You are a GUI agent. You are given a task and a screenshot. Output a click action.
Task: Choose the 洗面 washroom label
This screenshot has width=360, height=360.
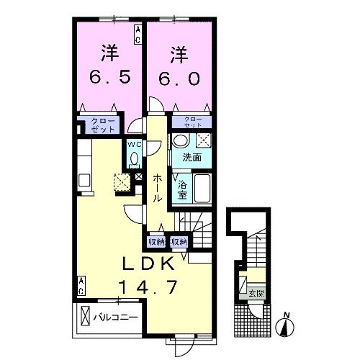click(190, 158)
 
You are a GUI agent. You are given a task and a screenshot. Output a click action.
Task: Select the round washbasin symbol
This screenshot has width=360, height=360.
click(181, 140)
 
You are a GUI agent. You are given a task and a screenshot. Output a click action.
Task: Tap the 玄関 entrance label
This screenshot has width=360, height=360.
click(257, 292)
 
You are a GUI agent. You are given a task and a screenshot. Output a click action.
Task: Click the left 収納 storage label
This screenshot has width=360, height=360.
click(156, 242)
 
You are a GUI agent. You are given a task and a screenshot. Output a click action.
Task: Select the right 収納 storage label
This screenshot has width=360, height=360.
click(179, 242)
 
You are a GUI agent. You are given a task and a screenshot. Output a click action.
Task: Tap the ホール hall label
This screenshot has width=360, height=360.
click(156, 187)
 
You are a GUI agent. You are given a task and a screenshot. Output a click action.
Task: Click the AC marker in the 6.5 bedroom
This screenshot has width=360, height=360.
click(137, 32)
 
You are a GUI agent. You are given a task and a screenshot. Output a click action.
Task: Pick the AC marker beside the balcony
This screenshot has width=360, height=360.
click(81, 285)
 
